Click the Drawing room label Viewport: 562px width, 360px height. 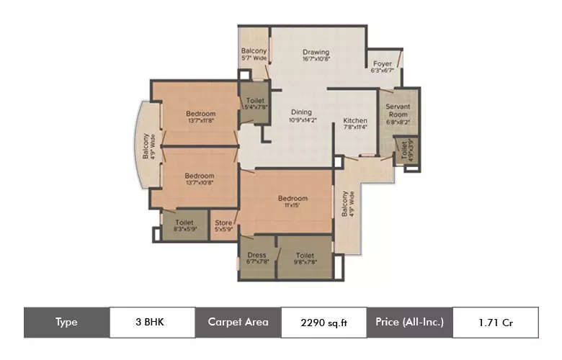316,52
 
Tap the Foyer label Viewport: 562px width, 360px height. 382,63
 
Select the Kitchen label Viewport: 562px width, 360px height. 355,120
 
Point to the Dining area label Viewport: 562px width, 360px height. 301,112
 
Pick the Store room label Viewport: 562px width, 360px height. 223,223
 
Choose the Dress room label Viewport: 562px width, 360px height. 257,255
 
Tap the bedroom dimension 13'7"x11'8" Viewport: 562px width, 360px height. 200,121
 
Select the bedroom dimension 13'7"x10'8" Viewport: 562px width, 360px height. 199,183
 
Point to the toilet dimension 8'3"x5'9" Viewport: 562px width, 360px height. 184,230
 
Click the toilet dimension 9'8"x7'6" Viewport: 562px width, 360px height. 304,262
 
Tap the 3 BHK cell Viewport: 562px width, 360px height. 152,322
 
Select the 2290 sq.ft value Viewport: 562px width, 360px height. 324,323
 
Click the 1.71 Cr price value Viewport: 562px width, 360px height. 495,322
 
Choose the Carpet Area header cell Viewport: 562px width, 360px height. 238,322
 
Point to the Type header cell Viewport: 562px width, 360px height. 66,322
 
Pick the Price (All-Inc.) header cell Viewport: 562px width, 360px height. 409,322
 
